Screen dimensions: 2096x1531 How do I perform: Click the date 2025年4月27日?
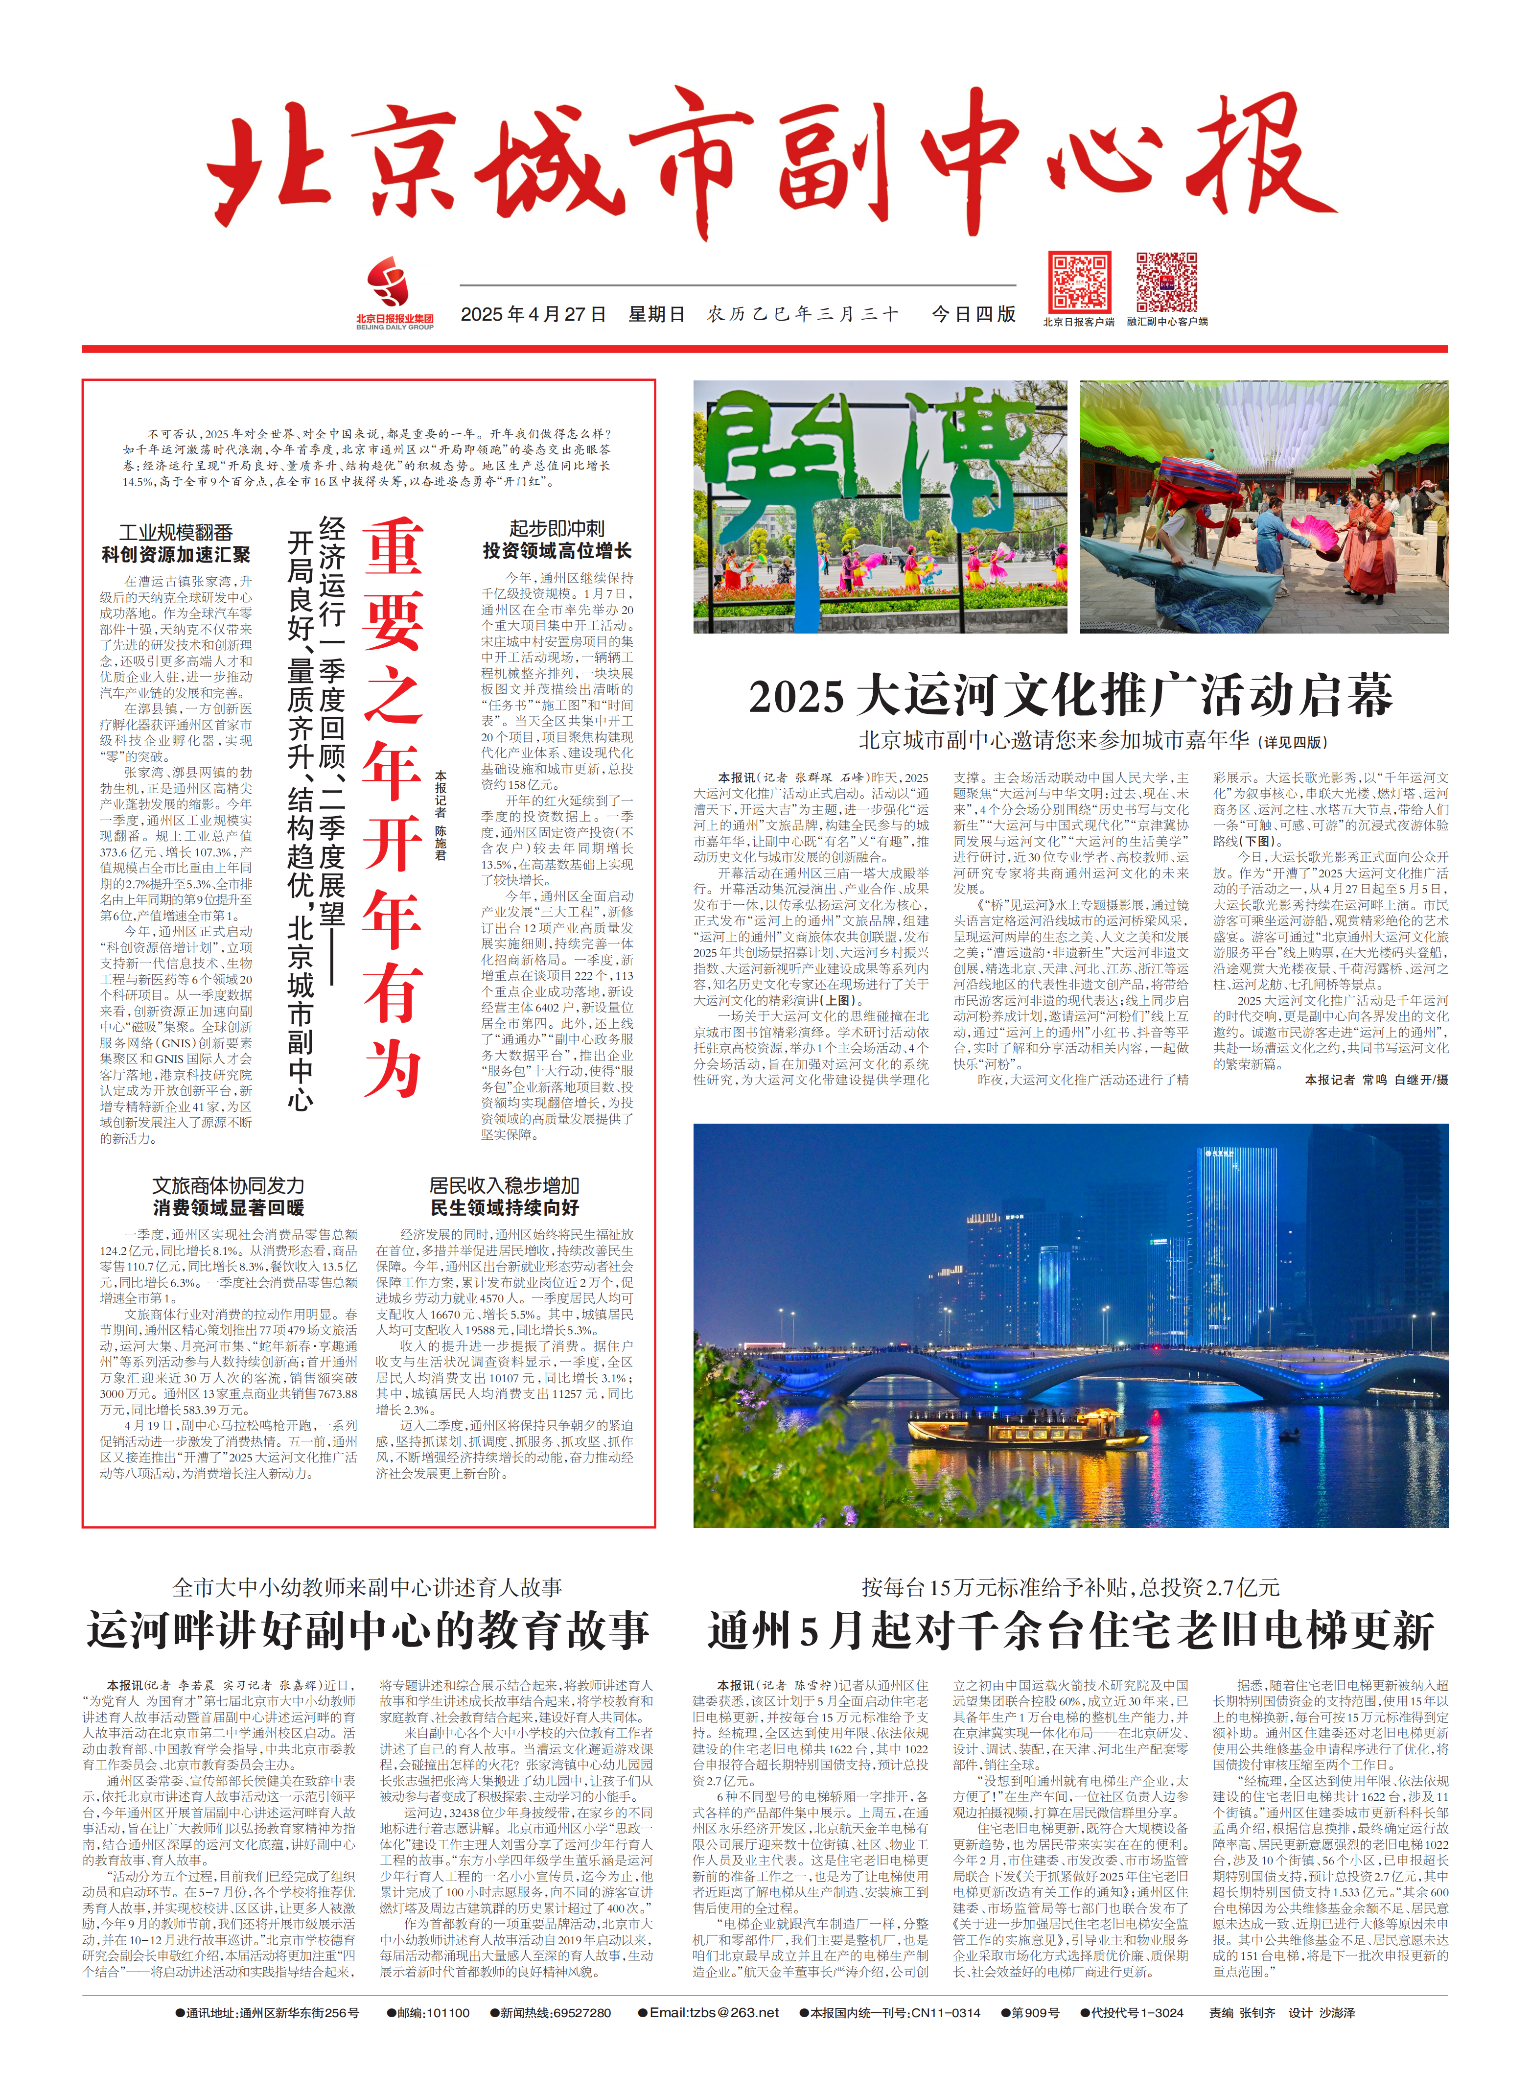(x=533, y=314)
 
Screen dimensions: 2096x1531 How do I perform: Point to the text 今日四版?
(x=973, y=314)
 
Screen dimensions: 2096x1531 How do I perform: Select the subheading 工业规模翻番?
(x=176, y=532)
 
